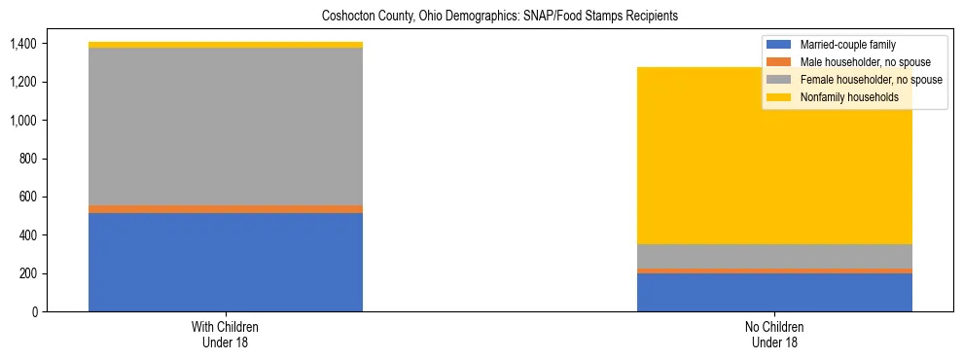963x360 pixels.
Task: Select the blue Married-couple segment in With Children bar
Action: coord(226,262)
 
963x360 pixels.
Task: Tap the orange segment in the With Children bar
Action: coord(226,208)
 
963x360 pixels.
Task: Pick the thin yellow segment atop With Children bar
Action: coord(226,45)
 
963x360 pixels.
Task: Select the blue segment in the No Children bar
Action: coord(774,292)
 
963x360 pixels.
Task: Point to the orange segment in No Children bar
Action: coord(774,270)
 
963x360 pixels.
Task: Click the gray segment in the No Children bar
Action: coord(774,256)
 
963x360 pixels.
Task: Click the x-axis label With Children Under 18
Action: coord(226,334)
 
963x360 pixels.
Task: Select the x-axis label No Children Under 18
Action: coord(774,334)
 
